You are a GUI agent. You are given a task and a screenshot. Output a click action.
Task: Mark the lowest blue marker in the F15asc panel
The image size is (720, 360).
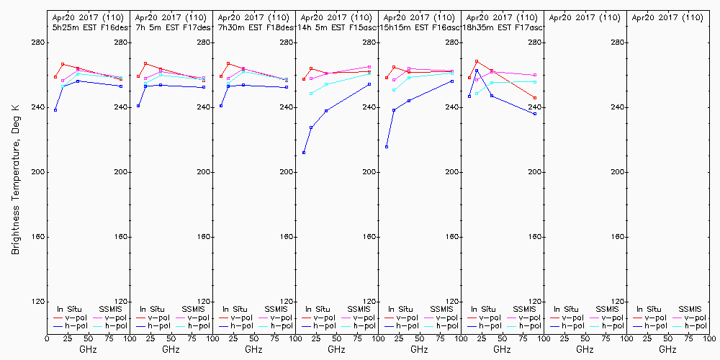(x=304, y=153)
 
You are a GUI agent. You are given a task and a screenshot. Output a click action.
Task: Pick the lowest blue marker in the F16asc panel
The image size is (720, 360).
(x=387, y=147)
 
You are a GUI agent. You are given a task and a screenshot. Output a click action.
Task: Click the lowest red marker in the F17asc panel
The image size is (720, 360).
(x=535, y=98)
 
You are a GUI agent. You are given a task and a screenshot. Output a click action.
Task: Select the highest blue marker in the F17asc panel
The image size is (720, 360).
(x=477, y=70)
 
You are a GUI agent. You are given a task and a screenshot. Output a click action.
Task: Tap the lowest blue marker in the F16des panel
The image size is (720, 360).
(x=55, y=110)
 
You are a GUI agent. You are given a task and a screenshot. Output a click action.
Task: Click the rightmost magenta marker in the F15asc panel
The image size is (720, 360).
(x=369, y=67)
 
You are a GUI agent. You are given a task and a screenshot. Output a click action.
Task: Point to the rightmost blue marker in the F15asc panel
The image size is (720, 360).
(x=369, y=84)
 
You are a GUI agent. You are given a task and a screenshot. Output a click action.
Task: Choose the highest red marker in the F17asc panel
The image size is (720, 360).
(x=477, y=61)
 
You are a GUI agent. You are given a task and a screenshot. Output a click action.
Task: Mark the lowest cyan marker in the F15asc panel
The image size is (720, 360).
(x=311, y=94)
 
